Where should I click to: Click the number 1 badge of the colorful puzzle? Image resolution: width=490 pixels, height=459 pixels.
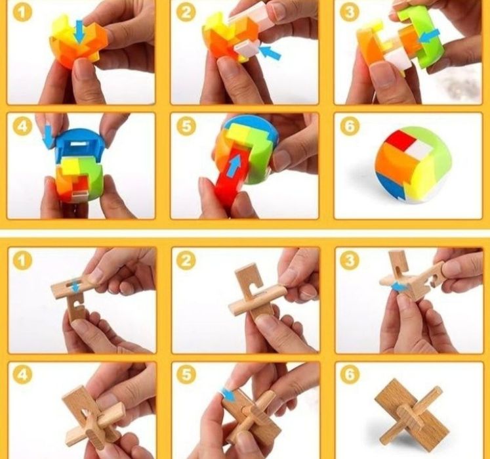pos(22,12)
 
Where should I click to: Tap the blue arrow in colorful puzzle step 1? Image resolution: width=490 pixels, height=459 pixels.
pos(80,32)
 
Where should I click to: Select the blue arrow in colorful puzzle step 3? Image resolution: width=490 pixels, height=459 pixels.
pos(430,36)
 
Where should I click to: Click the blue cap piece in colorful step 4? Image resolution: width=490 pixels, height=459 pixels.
pos(81,143)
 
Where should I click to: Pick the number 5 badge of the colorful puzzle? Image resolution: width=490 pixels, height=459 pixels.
pos(186,126)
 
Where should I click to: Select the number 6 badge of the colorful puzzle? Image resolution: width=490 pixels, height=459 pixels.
pos(350,126)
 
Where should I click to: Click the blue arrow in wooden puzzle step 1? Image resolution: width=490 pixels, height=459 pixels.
pos(75,286)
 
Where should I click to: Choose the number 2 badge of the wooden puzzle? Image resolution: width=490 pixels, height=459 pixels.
pos(186,260)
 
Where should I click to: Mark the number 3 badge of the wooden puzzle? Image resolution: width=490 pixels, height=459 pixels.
pos(350,260)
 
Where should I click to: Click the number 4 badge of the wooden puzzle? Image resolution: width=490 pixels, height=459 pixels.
pos(22,374)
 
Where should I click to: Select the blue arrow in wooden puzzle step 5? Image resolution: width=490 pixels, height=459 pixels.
pos(228,395)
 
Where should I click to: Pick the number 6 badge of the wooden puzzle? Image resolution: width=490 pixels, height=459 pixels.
pos(350,374)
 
